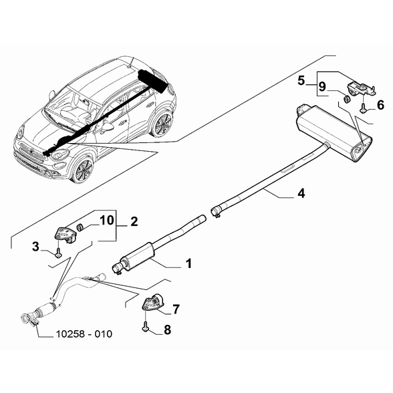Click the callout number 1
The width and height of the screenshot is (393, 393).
click(188, 263)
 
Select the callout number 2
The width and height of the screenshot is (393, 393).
click(134, 222)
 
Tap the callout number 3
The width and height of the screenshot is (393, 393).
click(36, 247)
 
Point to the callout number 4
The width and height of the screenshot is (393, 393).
click(301, 193)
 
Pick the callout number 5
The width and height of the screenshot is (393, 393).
click(301, 81)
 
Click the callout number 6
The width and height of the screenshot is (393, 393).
click(380, 105)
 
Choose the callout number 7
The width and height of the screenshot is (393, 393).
click(176, 309)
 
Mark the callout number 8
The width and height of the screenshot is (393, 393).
click(167, 330)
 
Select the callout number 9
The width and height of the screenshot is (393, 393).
click(322, 87)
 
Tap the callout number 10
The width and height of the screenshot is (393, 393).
click(107, 221)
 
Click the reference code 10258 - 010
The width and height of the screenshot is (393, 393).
click(84, 334)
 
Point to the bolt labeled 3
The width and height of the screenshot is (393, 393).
click(58, 253)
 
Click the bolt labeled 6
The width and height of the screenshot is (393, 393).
click(363, 108)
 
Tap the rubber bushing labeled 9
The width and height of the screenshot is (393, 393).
click(346, 99)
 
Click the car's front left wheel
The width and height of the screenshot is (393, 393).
click(83, 169)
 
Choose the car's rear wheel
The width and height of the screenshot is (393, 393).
click(163, 124)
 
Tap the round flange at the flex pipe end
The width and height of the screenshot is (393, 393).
click(25, 318)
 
